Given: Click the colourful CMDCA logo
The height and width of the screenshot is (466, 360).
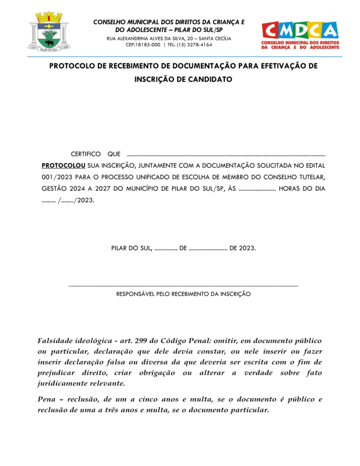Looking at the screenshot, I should (300, 35).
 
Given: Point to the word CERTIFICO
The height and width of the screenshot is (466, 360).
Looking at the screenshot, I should (86, 154).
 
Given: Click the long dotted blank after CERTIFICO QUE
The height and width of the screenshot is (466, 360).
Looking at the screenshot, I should (226, 155).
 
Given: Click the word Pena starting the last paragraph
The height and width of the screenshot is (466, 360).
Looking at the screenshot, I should (46, 400).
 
